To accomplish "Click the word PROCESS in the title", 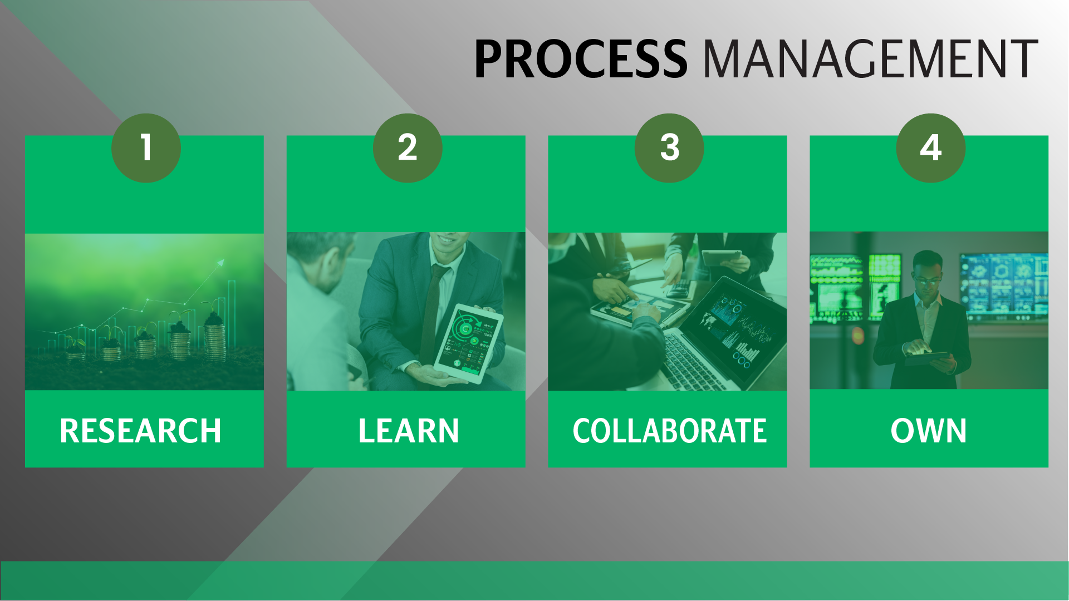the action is (x=581, y=58).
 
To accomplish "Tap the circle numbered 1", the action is (x=146, y=148).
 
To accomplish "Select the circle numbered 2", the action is (x=408, y=148).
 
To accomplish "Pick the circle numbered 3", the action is (x=669, y=148).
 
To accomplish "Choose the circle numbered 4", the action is (x=931, y=148).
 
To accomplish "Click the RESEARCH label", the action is (x=140, y=431).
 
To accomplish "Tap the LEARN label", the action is (x=409, y=431).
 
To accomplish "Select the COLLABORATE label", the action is (x=670, y=431).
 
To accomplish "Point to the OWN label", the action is (x=929, y=431).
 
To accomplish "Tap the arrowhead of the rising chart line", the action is (x=220, y=263).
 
